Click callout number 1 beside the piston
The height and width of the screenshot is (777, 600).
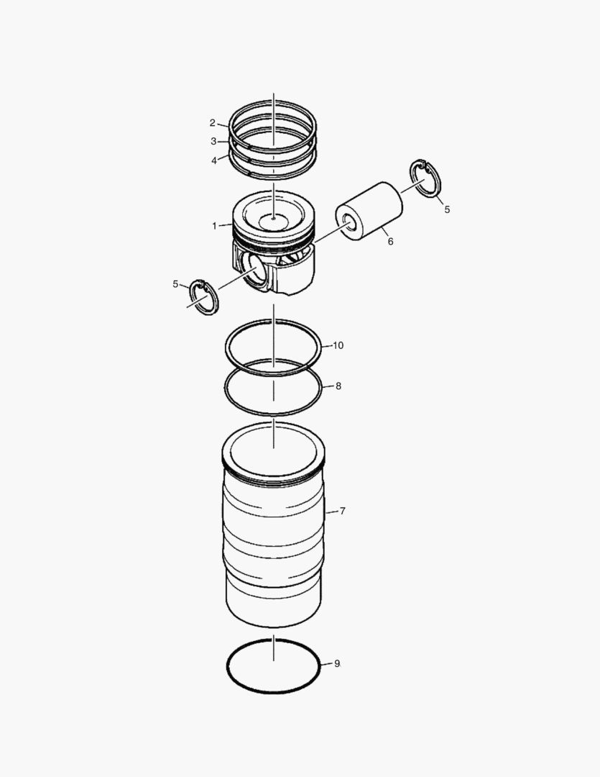[214, 226]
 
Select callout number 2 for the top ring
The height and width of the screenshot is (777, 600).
[213, 122]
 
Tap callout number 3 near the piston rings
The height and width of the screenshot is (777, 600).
[213, 141]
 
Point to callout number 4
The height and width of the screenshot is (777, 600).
[214, 160]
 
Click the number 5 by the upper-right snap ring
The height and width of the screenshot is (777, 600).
[447, 209]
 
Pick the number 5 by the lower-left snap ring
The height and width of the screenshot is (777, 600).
[175, 284]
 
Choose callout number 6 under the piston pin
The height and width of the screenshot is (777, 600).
[390, 242]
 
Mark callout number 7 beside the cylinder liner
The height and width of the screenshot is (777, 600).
[343, 511]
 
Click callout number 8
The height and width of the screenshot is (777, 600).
[338, 386]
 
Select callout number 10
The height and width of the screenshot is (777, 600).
[338, 345]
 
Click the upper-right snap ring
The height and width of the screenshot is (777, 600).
[425, 178]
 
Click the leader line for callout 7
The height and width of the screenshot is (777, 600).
[331, 512]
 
